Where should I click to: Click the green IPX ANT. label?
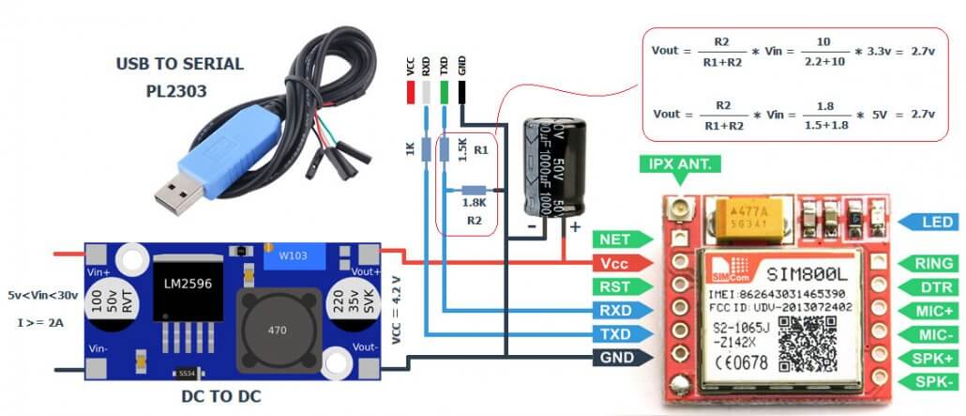680,164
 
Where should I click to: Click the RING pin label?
930,264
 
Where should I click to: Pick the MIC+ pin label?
930,310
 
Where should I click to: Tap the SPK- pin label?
930,381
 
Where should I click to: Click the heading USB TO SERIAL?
179,64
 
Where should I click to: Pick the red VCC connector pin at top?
410,92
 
